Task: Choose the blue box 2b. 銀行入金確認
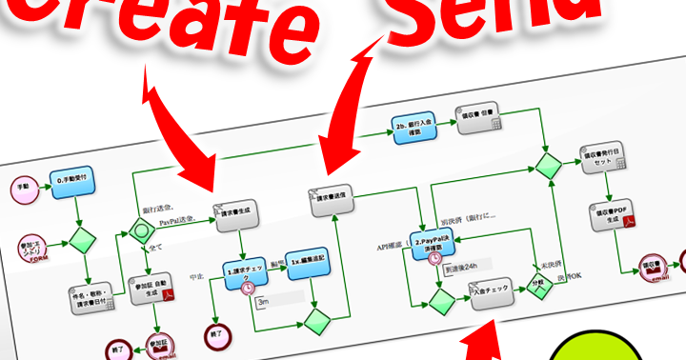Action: click(415, 130)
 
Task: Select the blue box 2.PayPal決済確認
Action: click(434, 240)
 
